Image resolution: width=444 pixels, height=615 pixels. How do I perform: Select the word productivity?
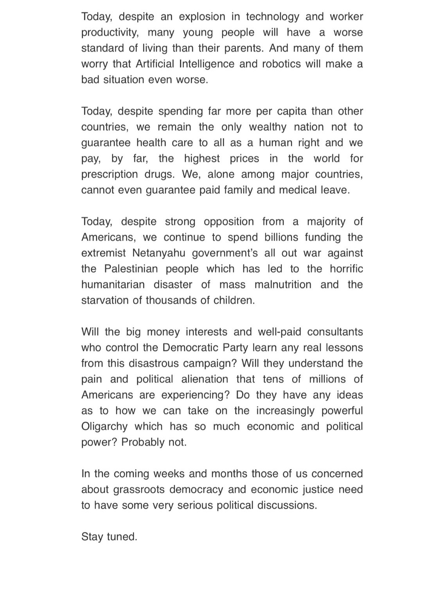(x=110, y=32)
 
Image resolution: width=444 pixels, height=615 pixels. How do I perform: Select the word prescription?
(x=110, y=174)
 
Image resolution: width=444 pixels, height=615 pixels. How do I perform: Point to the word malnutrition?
(x=283, y=284)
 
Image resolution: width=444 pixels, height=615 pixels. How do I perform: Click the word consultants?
(x=335, y=332)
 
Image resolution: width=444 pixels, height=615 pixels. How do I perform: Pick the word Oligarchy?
(x=104, y=426)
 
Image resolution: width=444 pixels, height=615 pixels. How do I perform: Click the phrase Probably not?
(x=154, y=442)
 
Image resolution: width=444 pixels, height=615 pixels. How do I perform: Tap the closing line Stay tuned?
(x=109, y=536)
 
